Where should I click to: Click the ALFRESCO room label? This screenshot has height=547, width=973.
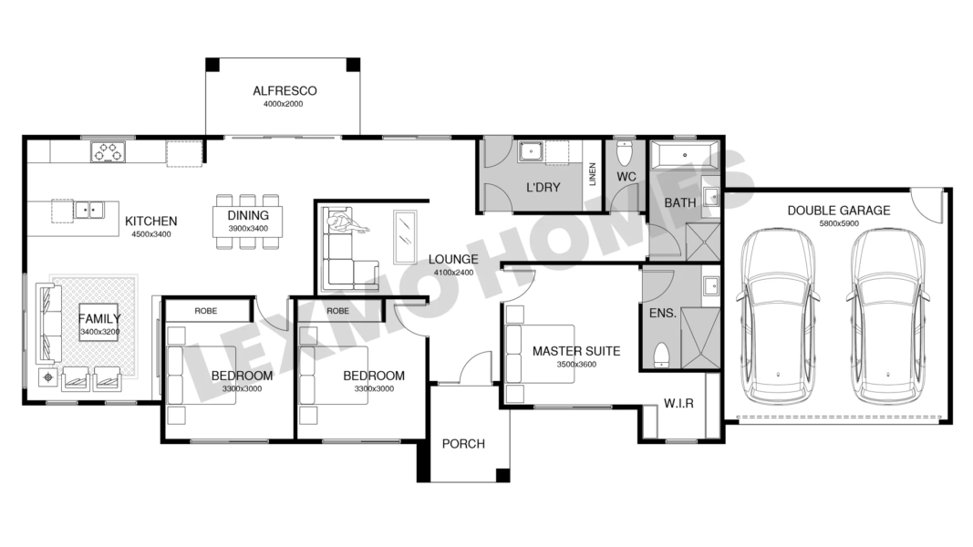(x=285, y=90)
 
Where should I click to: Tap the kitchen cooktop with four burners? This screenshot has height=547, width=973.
(x=108, y=151)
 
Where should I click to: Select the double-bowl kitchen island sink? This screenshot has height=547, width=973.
(x=88, y=211)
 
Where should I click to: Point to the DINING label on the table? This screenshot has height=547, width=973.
(x=248, y=215)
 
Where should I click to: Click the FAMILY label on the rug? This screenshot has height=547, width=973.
(x=99, y=319)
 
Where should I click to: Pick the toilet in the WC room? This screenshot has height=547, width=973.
(x=625, y=153)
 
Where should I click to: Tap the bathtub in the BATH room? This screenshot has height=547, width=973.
(x=685, y=155)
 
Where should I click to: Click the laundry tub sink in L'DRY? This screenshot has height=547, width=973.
(x=531, y=151)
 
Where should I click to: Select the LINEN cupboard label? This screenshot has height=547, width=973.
(x=592, y=174)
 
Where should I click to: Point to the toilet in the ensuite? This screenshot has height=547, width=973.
(x=662, y=354)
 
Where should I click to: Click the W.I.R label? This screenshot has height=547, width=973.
(x=678, y=404)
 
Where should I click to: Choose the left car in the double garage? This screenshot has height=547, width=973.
(x=779, y=315)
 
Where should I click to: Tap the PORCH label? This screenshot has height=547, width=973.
(x=463, y=444)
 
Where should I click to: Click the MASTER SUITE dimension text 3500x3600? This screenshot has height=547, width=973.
(x=576, y=364)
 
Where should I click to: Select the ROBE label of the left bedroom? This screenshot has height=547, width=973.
(x=205, y=311)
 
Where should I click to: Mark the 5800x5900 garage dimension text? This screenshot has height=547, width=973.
(x=839, y=223)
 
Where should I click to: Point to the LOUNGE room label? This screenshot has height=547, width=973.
(x=453, y=259)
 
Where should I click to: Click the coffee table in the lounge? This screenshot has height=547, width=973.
(x=405, y=237)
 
